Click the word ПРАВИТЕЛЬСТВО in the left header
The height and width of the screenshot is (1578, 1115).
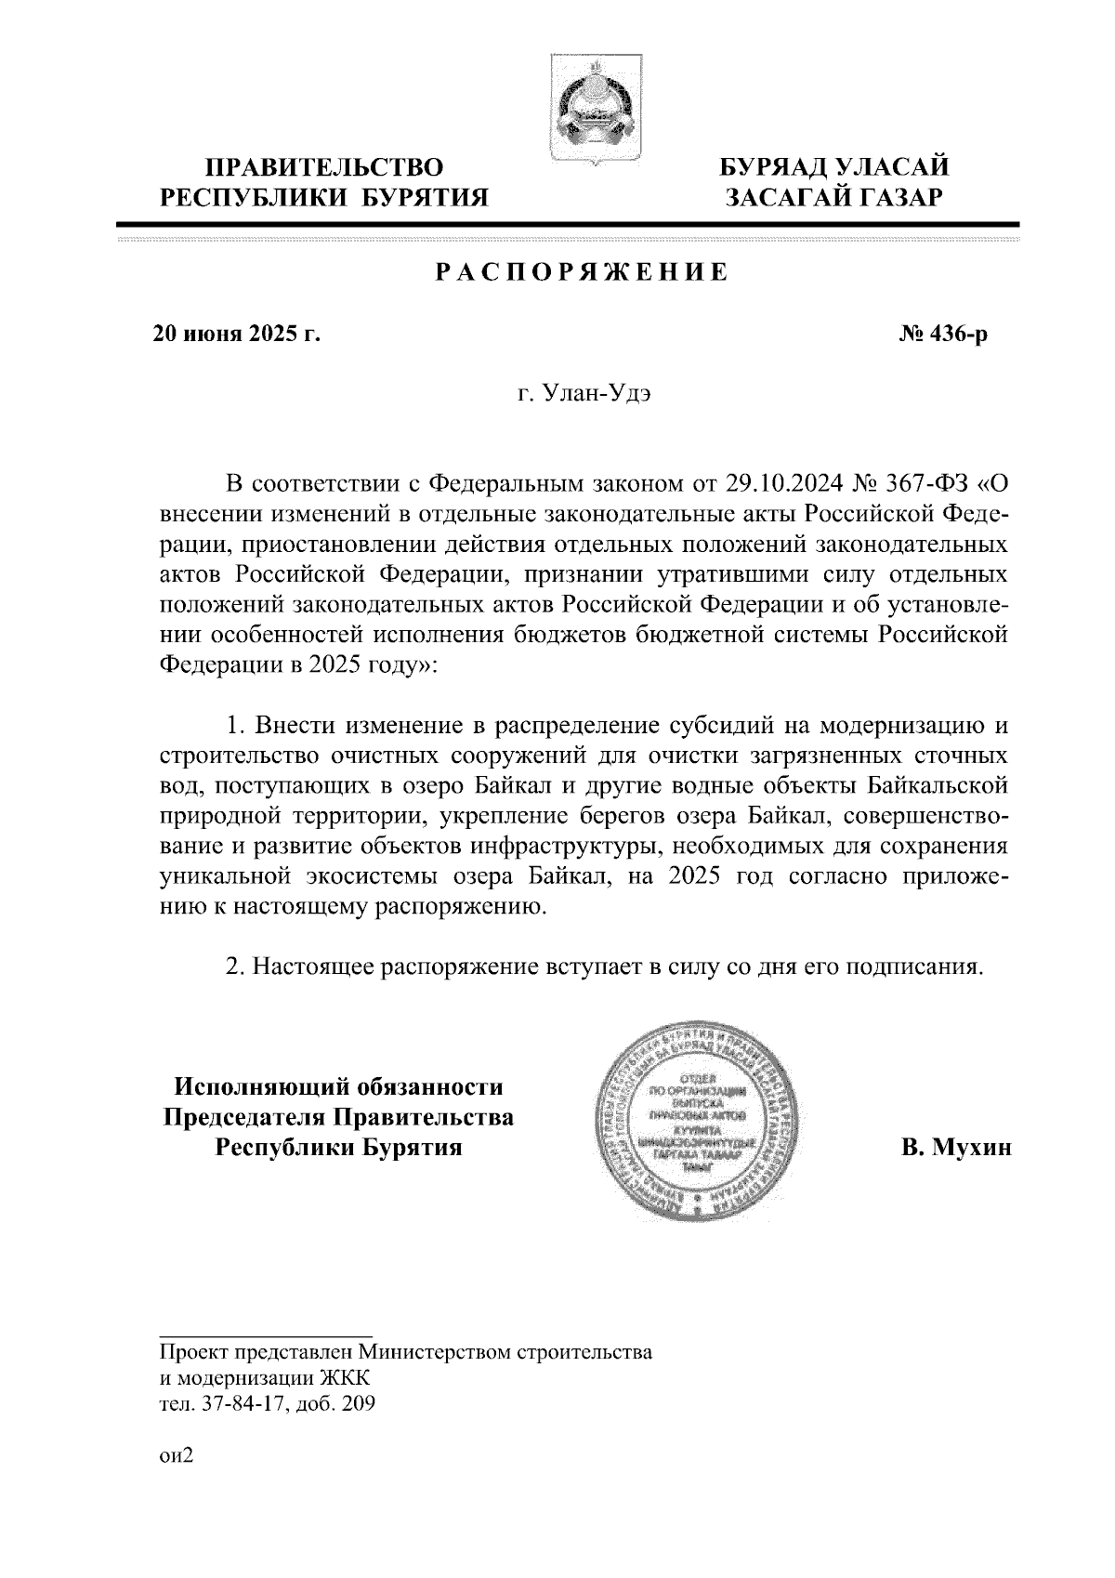(x=323, y=169)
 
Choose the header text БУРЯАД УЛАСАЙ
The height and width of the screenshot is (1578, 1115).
(x=835, y=169)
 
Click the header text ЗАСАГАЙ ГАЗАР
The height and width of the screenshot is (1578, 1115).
(x=835, y=198)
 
